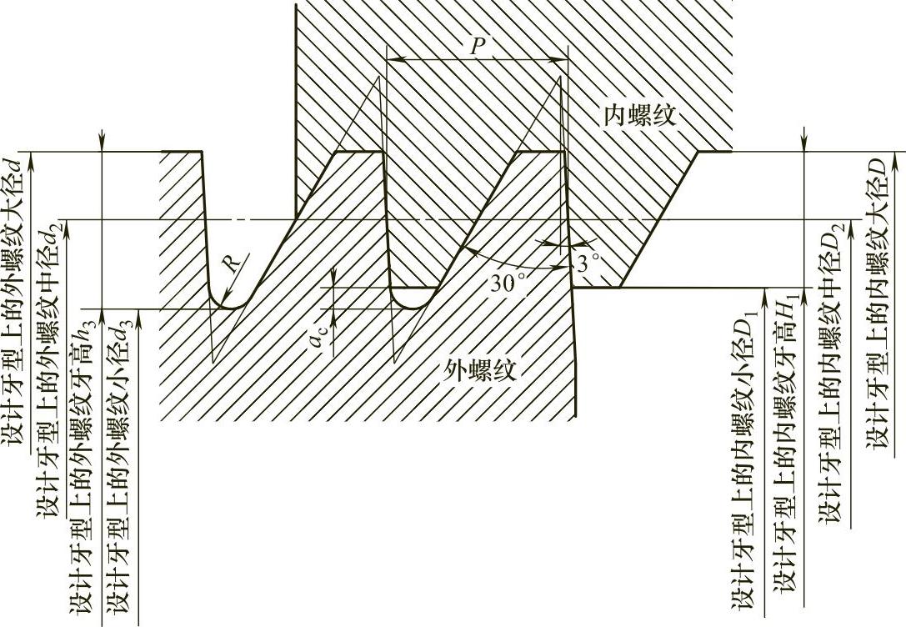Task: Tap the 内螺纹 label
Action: coord(640,117)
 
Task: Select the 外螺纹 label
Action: coord(482,369)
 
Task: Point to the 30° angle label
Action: coord(508,282)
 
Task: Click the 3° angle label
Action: coord(588,265)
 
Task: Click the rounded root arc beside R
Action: coord(225,302)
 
